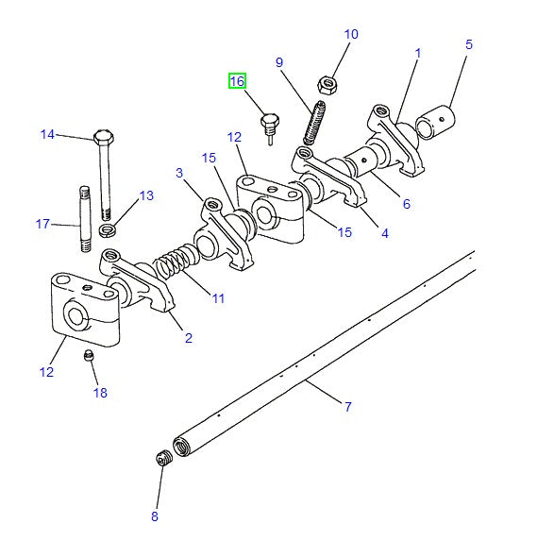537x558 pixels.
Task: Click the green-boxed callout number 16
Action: point(237,81)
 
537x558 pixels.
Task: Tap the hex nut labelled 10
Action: point(327,85)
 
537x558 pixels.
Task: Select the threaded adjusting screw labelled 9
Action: point(314,123)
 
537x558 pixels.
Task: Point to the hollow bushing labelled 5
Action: point(436,122)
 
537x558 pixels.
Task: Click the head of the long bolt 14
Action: point(104,137)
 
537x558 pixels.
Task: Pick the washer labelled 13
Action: point(107,230)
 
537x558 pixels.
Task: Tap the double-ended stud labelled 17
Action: point(85,219)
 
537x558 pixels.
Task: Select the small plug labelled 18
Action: point(89,355)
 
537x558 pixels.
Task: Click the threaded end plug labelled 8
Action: point(164,458)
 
